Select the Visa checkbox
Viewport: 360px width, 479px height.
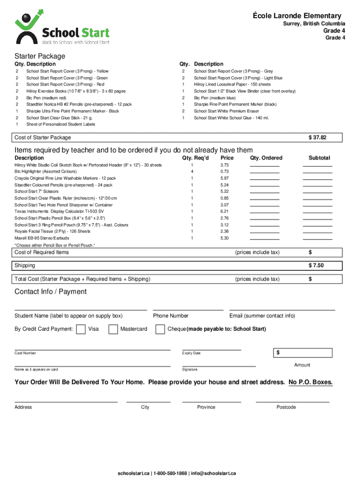coord(81,329)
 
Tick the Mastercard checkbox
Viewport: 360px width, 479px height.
coord(113,329)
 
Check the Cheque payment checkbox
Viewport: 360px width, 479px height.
coord(160,329)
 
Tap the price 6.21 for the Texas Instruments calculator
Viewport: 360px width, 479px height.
coord(224,211)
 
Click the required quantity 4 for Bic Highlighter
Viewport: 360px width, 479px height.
coord(192,172)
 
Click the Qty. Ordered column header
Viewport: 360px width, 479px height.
coord(266,158)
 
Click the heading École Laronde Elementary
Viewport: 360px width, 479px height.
coord(297,16)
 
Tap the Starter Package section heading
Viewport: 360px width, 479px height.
coord(40,56)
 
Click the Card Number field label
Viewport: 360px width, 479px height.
coord(25,353)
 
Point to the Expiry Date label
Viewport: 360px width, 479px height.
coord(191,353)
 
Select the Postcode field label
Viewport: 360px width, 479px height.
coord(286,407)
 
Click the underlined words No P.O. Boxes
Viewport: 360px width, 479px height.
coord(311,382)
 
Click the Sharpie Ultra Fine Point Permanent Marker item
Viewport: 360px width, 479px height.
coord(72,111)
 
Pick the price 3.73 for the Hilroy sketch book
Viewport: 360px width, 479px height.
coord(224,165)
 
